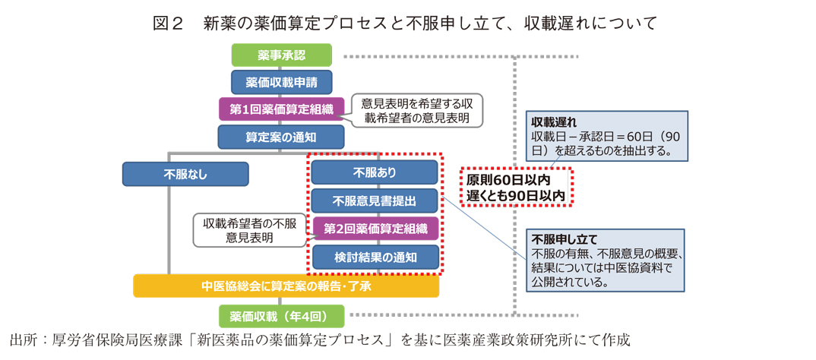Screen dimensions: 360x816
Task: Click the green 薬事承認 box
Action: tap(281, 55)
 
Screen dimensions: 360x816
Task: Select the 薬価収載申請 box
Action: tap(281, 82)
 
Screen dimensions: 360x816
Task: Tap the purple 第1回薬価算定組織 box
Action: tap(281, 109)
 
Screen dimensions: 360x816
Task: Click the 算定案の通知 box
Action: tap(281, 137)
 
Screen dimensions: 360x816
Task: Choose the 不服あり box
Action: tap(375, 172)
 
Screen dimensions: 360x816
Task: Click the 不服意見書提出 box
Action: tap(375, 201)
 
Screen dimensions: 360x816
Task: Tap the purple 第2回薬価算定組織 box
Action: tap(375, 229)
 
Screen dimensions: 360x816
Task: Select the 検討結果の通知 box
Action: tap(375, 257)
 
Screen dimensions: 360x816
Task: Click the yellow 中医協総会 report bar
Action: tap(286, 286)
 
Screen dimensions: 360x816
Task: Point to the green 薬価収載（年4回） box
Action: tap(281, 316)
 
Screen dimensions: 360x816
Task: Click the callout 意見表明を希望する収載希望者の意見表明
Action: tap(416, 111)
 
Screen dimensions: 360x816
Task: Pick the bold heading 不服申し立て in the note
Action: tap(565, 238)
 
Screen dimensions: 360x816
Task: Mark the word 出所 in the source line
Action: tap(24, 339)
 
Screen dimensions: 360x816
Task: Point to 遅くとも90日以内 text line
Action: tap(517, 196)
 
